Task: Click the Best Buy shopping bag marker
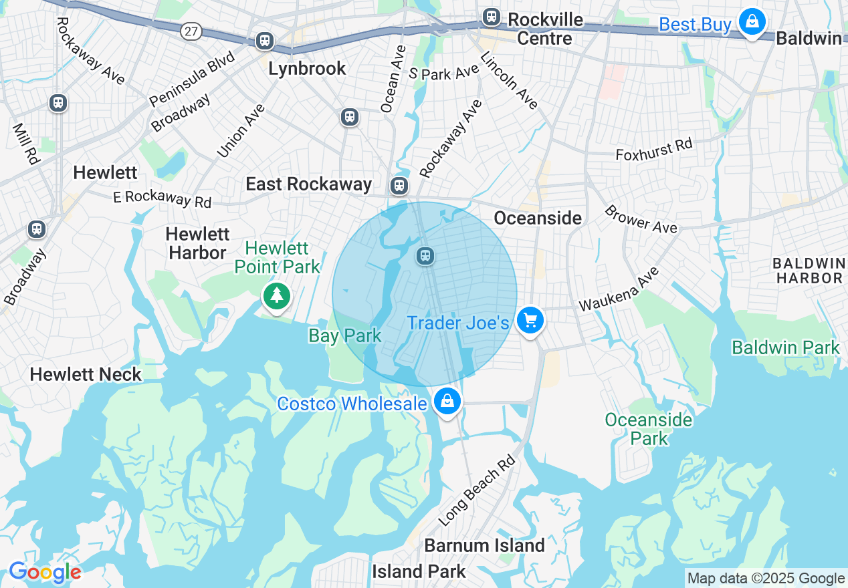(752, 23)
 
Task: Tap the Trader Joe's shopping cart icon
(530, 321)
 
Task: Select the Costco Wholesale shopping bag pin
(447, 402)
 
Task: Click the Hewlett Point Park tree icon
(276, 295)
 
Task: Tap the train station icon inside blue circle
(425, 255)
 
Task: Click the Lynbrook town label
(307, 68)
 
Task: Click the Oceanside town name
(538, 218)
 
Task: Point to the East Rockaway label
(308, 184)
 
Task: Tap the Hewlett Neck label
(86, 374)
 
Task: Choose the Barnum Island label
(485, 545)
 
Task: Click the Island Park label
(419, 572)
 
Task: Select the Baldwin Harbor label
(808, 270)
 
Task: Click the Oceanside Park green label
(648, 429)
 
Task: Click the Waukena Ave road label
(619, 289)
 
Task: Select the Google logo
(44, 573)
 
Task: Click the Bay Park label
(344, 335)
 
